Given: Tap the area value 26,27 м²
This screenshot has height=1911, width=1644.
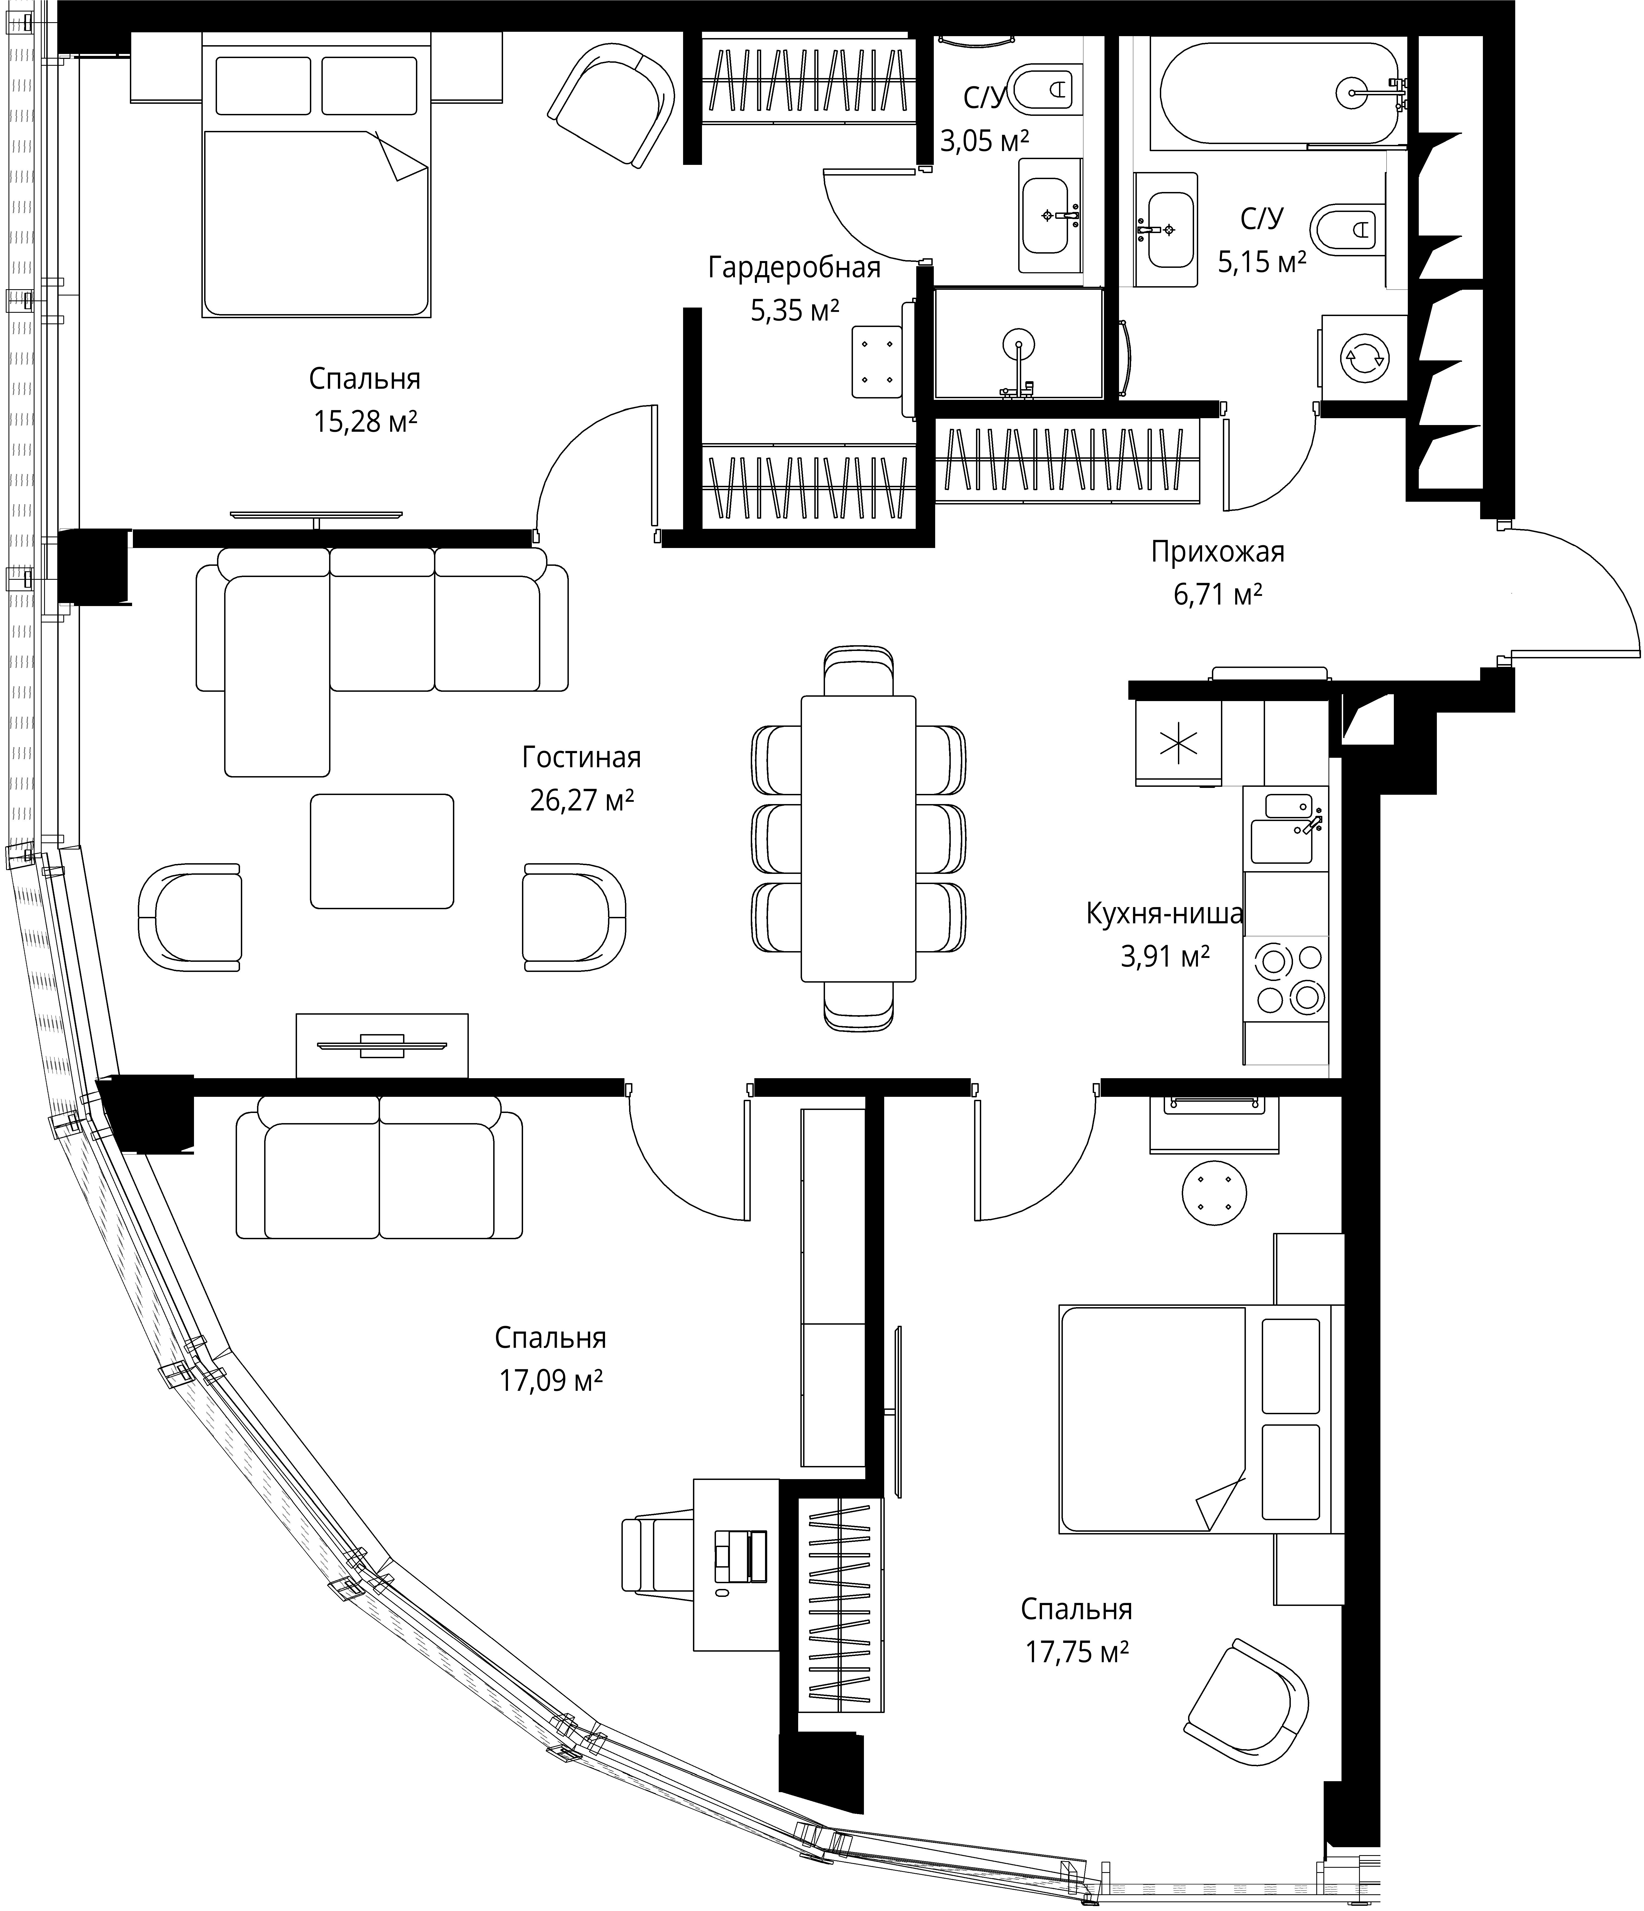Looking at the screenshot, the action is tap(581, 800).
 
